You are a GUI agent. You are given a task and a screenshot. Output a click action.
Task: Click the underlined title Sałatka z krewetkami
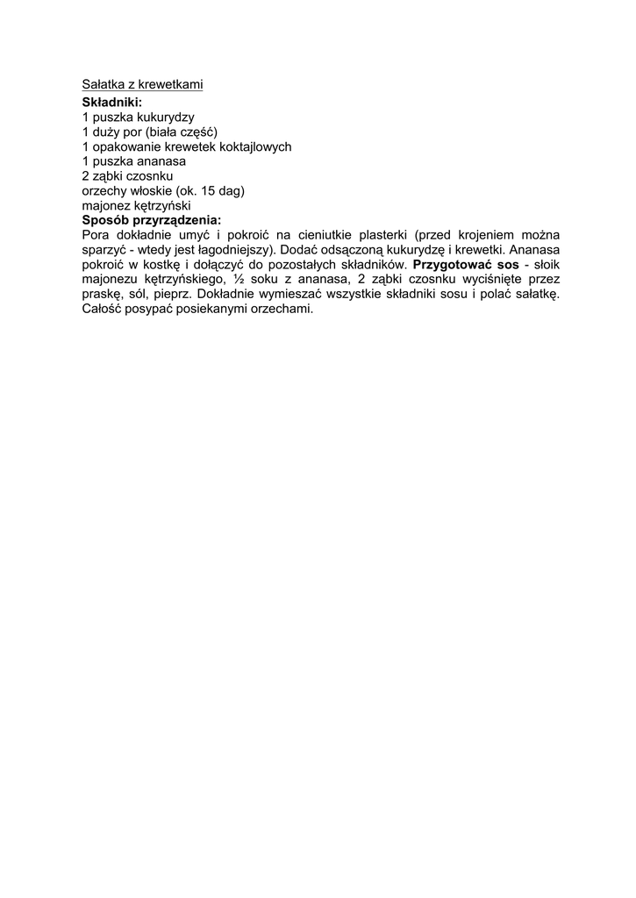tap(142, 85)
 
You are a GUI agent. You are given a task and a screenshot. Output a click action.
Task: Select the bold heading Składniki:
tap(111, 103)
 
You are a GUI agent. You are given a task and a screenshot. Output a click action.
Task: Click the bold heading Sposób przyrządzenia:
tap(152, 220)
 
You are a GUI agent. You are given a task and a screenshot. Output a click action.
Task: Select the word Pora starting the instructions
tap(96, 235)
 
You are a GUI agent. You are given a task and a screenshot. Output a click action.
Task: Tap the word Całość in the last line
tap(103, 310)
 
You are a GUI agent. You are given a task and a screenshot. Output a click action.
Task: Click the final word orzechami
tap(282, 310)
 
